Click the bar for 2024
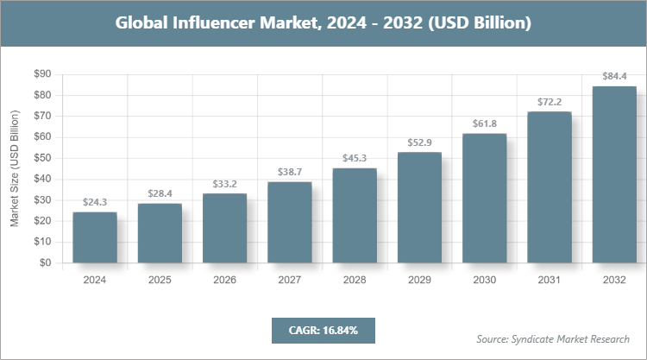click(94, 237)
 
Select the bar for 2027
click(289, 222)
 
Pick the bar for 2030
click(484, 198)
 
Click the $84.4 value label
click(614, 76)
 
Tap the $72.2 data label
click(550, 101)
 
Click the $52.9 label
click(419, 142)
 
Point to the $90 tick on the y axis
click(41, 74)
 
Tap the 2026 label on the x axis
click(224, 280)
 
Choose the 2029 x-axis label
click(419, 280)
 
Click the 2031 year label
click(550, 280)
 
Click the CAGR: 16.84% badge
click(323, 330)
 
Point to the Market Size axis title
click(15, 168)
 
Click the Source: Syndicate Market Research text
click(553, 338)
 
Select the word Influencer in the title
click(221, 23)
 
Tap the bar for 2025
click(160, 233)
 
